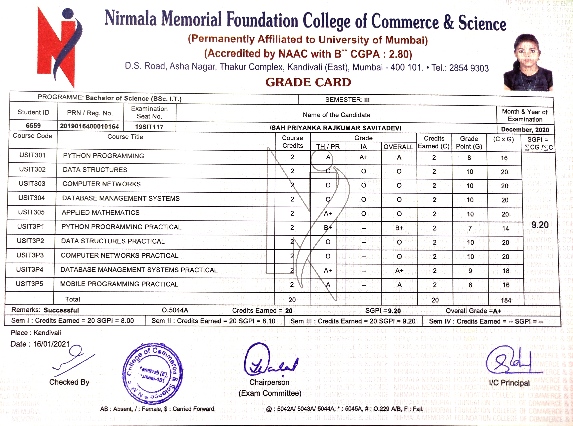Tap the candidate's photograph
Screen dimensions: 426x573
point(528,63)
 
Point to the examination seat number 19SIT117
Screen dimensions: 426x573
point(149,127)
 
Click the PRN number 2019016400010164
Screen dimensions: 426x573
point(89,126)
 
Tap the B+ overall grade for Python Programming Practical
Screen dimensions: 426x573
point(399,228)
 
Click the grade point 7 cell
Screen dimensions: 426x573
point(470,228)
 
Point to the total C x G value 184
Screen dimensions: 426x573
point(506,300)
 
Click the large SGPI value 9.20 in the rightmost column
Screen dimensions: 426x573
point(540,225)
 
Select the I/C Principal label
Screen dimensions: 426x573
point(509,383)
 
